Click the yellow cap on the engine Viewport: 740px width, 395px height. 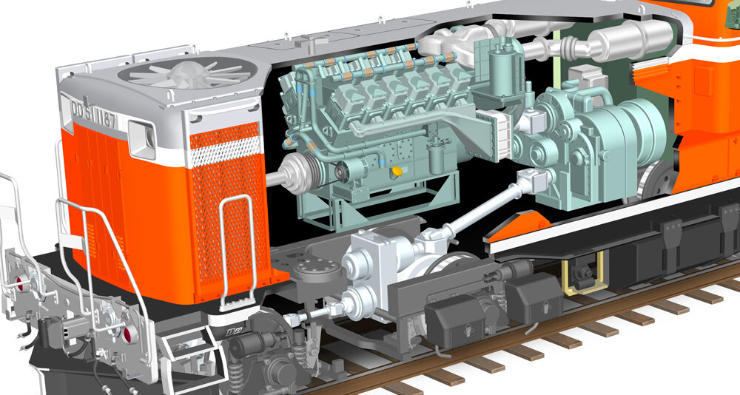[398, 171]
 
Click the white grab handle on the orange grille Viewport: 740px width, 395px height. [238, 237]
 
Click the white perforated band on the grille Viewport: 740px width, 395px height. [225, 152]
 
